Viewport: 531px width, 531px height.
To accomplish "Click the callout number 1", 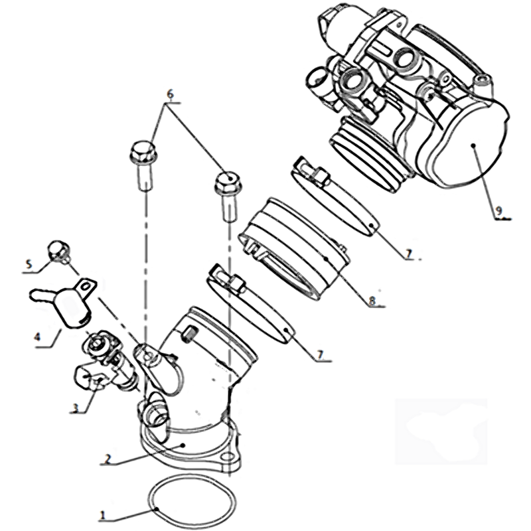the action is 103,516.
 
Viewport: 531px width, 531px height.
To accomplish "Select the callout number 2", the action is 108,459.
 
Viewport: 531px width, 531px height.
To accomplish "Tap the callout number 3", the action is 76,408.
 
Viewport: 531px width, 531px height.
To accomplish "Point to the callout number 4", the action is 38,337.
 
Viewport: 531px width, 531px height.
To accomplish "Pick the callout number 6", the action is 170,94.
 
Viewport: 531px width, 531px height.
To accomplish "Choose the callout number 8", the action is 372,301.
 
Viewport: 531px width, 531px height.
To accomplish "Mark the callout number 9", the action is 498,211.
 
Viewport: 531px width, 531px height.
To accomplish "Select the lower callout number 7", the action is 320,354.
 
